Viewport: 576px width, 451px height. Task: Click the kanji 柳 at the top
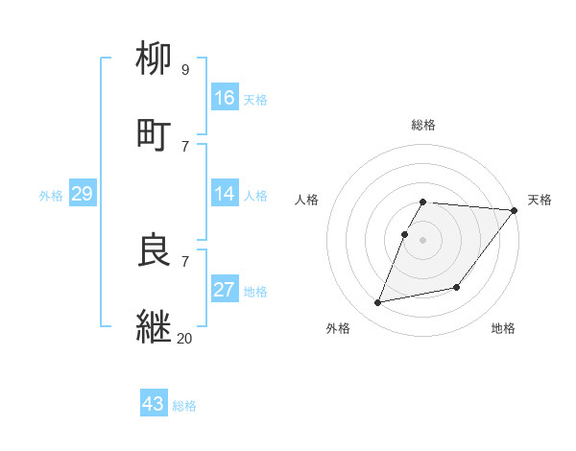click(155, 59)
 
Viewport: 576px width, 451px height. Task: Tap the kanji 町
click(155, 132)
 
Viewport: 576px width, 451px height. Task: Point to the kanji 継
click(155, 324)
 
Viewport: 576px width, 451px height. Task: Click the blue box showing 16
click(225, 97)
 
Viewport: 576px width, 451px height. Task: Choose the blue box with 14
click(225, 194)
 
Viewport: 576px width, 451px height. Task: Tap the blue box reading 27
click(225, 290)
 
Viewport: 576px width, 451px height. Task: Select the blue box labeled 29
click(82, 194)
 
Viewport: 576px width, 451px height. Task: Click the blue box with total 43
click(154, 404)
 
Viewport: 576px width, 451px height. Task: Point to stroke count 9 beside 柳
click(184, 70)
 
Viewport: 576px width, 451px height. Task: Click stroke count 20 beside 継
click(185, 337)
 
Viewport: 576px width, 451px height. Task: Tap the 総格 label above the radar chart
click(423, 125)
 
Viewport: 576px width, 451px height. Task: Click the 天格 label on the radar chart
click(540, 200)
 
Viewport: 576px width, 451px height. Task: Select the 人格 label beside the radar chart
click(307, 200)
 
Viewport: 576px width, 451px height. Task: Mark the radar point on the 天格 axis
click(515, 210)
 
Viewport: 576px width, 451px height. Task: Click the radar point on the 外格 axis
click(378, 303)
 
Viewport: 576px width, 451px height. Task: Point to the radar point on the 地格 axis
click(457, 287)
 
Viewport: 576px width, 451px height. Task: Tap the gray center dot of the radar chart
click(423, 239)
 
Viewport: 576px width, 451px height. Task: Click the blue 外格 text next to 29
click(51, 195)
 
